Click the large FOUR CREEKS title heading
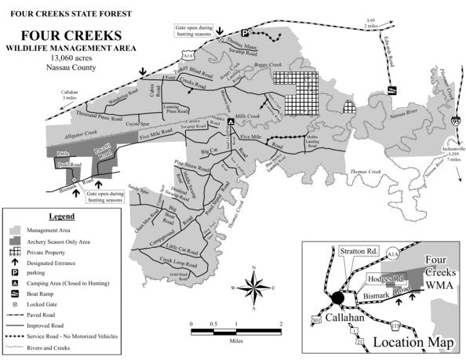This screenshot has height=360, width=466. tap(71, 36)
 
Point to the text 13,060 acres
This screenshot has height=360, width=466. tap(71, 59)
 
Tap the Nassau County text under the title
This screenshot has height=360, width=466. tap(71, 68)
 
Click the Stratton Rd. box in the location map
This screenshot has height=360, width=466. tap(360, 252)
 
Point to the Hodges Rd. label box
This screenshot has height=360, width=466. tap(386, 279)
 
